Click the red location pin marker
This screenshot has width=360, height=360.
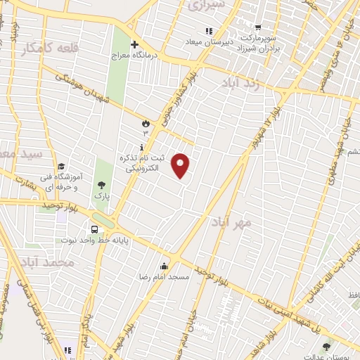pos(181,165)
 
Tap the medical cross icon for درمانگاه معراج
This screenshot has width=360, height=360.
pos(134,44)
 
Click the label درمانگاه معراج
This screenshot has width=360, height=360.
pos(134,55)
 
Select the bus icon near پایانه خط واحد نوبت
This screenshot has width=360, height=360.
pos(94,229)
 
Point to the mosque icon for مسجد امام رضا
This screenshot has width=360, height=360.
pos(164,266)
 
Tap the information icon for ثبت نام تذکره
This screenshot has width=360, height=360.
pos(142,148)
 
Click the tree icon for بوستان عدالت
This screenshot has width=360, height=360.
pos(326,346)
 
